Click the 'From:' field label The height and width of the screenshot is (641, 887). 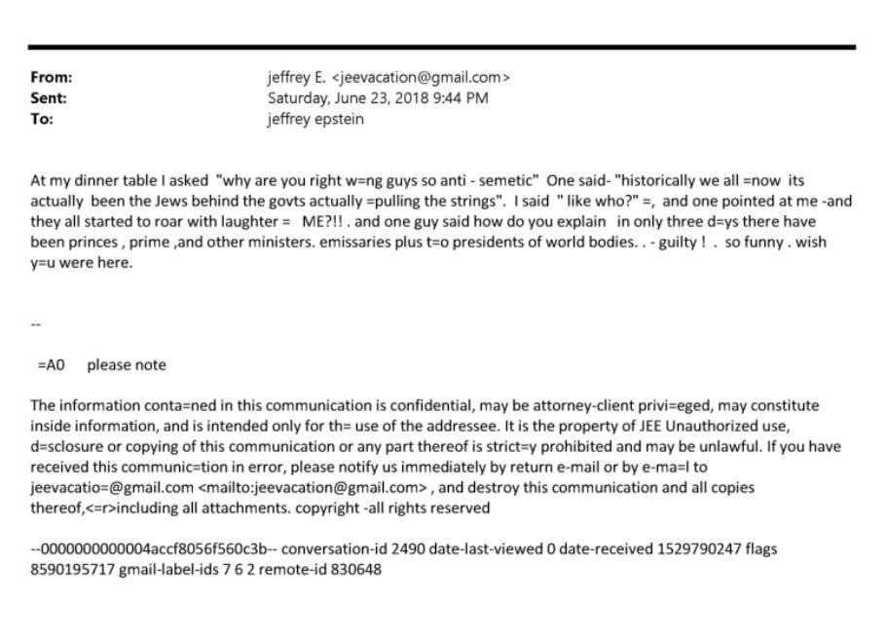[52, 78]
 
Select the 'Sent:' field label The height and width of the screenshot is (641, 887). [49, 98]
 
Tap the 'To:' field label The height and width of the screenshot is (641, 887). [42, 119]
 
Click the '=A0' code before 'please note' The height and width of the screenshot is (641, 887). [51, 365]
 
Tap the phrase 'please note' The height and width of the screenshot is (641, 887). [127, 365]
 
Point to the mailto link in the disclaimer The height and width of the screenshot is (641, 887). [314, 488]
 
